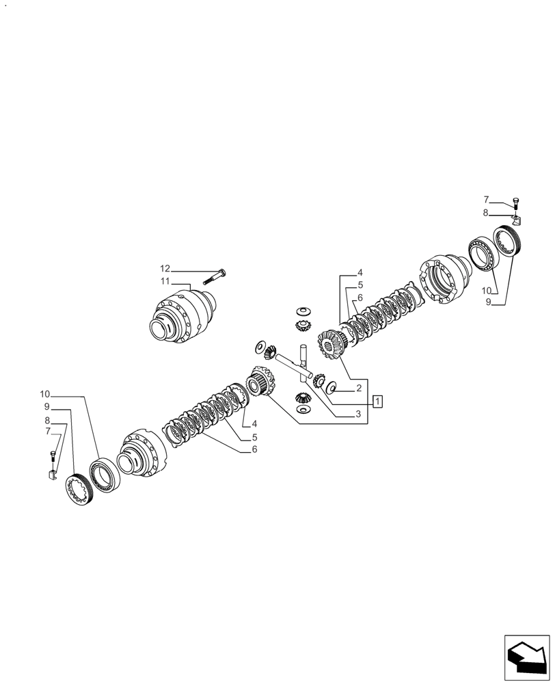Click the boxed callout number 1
(377, 401)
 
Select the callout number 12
(165, 268)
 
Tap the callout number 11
(165, 281)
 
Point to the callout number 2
(358, 389)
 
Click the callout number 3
(357, 414)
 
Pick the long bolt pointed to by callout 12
(214, 277)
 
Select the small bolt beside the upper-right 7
(516, 202)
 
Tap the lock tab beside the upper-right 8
(516, 219)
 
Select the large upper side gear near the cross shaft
(331, 344)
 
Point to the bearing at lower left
(105, 475)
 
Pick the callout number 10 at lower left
(45, 394)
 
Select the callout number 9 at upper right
(488, 301)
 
